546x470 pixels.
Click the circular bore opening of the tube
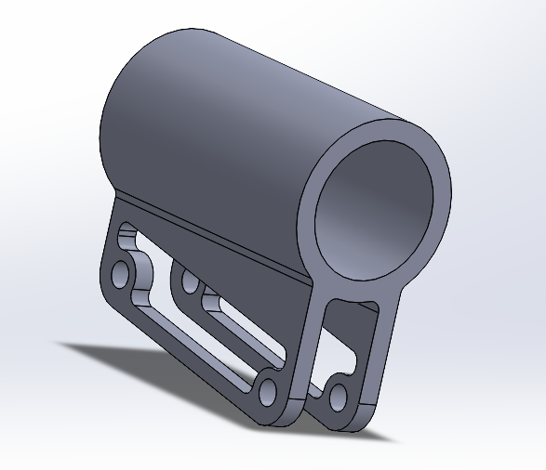(x=376, y=211)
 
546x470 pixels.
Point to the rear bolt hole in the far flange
(x=189, y=280)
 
